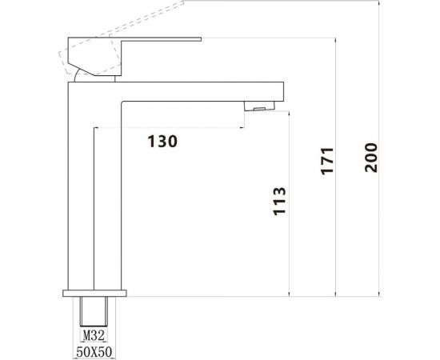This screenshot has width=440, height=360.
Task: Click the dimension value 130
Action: [x=162, y=141]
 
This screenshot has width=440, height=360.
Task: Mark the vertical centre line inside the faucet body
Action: [x=94, y=208]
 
